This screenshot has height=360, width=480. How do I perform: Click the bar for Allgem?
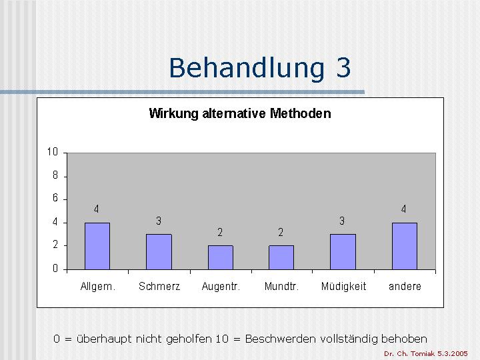[x=97, y=246]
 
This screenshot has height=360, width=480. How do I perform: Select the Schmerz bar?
[x=159, y=252]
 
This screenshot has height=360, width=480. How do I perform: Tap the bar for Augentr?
[x=221, y=257]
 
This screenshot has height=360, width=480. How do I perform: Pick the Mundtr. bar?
[x=281, y=257]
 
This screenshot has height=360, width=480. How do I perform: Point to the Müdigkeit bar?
[x=343, y=252]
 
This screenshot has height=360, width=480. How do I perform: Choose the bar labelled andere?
[x=405, y=246]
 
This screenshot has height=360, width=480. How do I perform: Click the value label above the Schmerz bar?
[x=159, y=221]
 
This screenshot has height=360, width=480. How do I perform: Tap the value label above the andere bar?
[x=403, y=209]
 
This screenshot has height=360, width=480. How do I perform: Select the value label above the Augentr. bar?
[x=220, y=233]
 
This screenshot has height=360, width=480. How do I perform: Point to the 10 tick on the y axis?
[x=53, y=152]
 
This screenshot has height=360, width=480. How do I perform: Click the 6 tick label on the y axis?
[x=55, y=198]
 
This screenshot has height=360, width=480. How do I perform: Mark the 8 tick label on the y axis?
[x=55, y=175]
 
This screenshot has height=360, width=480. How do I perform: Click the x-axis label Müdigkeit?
[x=343, y=287]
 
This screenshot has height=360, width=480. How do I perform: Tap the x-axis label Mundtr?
[x=281, y=287]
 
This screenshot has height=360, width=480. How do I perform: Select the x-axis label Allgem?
[x=97, y=287]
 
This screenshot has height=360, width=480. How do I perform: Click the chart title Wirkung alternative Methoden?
[x=240, y=113]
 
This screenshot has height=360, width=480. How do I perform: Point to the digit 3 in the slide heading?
[x=343, y=67]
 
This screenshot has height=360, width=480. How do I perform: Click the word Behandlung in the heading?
[x=247, y=69]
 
